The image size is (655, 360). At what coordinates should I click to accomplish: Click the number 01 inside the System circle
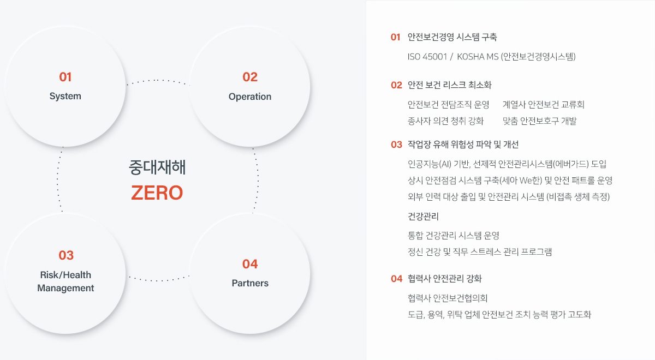pyautogui.click(x=65, y=77)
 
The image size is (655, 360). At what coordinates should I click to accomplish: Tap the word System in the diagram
pyautogui.click(x=65, y=96)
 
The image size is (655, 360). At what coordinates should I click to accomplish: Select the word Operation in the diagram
pyautogui.click(x=250, y=97)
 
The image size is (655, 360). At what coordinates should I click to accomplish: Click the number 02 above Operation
pyautogui.click(x=250, y=77)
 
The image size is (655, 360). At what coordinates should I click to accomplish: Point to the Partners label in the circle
pyautogui.click(x=250, y=283)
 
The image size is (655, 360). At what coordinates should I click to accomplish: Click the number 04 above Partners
pyautogui.click(x=250, y=264)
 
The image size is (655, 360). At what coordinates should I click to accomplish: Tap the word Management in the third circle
pyautogui.click(x=65, y=289)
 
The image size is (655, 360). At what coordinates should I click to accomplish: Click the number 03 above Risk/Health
pyautogui.click(x=66, y=255)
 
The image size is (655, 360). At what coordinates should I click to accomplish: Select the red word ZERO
pyautogui.click(x=157, y=193)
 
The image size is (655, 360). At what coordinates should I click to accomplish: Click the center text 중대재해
pyautogui.click(x=157, y=167)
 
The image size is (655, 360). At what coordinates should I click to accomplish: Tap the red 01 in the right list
pyautogui.click(x=395, y=37)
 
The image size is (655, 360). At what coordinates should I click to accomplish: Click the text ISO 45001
pyautogui.click(x=427, y=57)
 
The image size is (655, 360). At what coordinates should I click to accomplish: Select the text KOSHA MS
pyautogui.click(x=478, y=57)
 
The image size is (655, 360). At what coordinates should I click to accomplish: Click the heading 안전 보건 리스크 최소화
pyautogui.click(x=450, y=85)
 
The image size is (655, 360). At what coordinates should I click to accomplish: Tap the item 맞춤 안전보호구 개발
pyautogui.click(x=539, y=121)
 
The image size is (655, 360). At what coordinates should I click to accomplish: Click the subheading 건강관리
pyautogui.click(x=423, y=217)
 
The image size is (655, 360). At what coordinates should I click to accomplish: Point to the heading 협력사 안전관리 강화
pyautogui.click(x=445, y=279)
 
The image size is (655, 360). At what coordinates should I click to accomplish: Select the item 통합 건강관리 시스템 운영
pyautogui.click(x=454, y=236)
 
